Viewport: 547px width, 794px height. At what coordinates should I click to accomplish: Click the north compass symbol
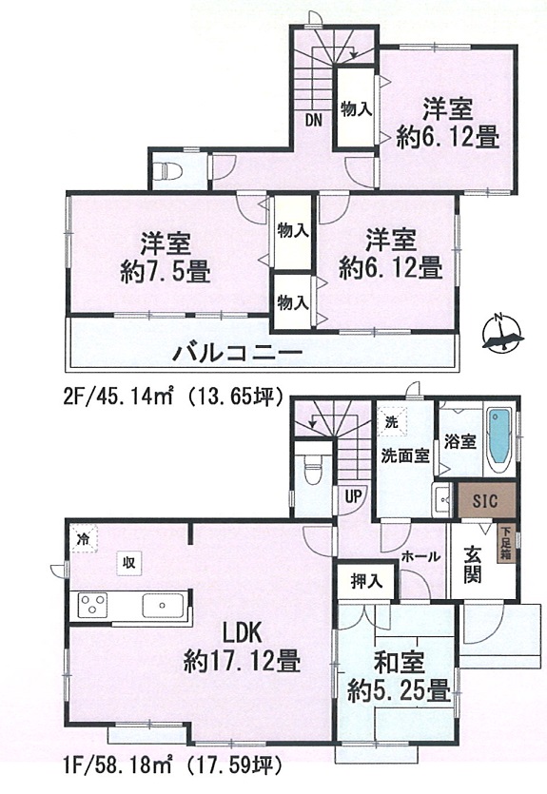point(501,333)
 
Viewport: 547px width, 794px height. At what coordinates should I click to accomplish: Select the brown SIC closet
point(487,501)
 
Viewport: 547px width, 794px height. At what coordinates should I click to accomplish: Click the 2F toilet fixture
point(167,170)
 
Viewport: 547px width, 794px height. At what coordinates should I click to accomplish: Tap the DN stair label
point(314,120)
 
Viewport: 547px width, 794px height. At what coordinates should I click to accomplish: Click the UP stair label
point(353,495)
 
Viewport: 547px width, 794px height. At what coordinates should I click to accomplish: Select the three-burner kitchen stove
point(92,605)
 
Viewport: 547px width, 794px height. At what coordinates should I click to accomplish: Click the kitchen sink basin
point(163,605)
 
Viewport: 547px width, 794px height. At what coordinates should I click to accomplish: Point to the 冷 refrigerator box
point(84,538)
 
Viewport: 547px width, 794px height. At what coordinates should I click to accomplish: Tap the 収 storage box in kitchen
point(129,562)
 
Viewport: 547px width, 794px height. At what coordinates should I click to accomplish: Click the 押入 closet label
point(366,582)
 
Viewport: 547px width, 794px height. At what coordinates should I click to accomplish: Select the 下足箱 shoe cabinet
point(505,543)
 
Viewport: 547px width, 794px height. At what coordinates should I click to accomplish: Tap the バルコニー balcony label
point(237,352)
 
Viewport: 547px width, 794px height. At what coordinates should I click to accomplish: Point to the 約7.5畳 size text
point(166,275)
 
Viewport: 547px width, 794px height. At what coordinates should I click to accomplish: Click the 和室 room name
point(400,664)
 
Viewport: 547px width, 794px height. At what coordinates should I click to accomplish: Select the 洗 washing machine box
point(392,422)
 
